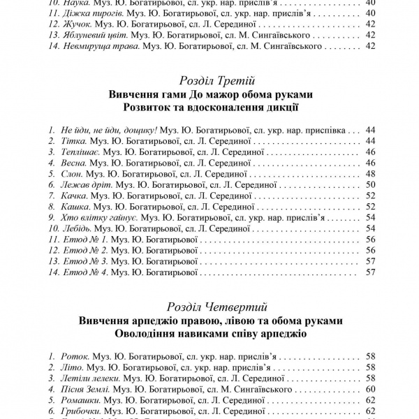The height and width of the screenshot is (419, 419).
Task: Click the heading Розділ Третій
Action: [x=209, y=80]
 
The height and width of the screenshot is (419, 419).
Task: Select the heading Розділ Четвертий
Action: [x=209, y=306]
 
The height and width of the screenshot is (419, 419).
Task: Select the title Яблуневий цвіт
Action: [x=97, y=35]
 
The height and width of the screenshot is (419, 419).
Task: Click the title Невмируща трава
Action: [x=102, y=46]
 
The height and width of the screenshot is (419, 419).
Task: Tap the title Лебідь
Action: [x=81, y=228]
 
